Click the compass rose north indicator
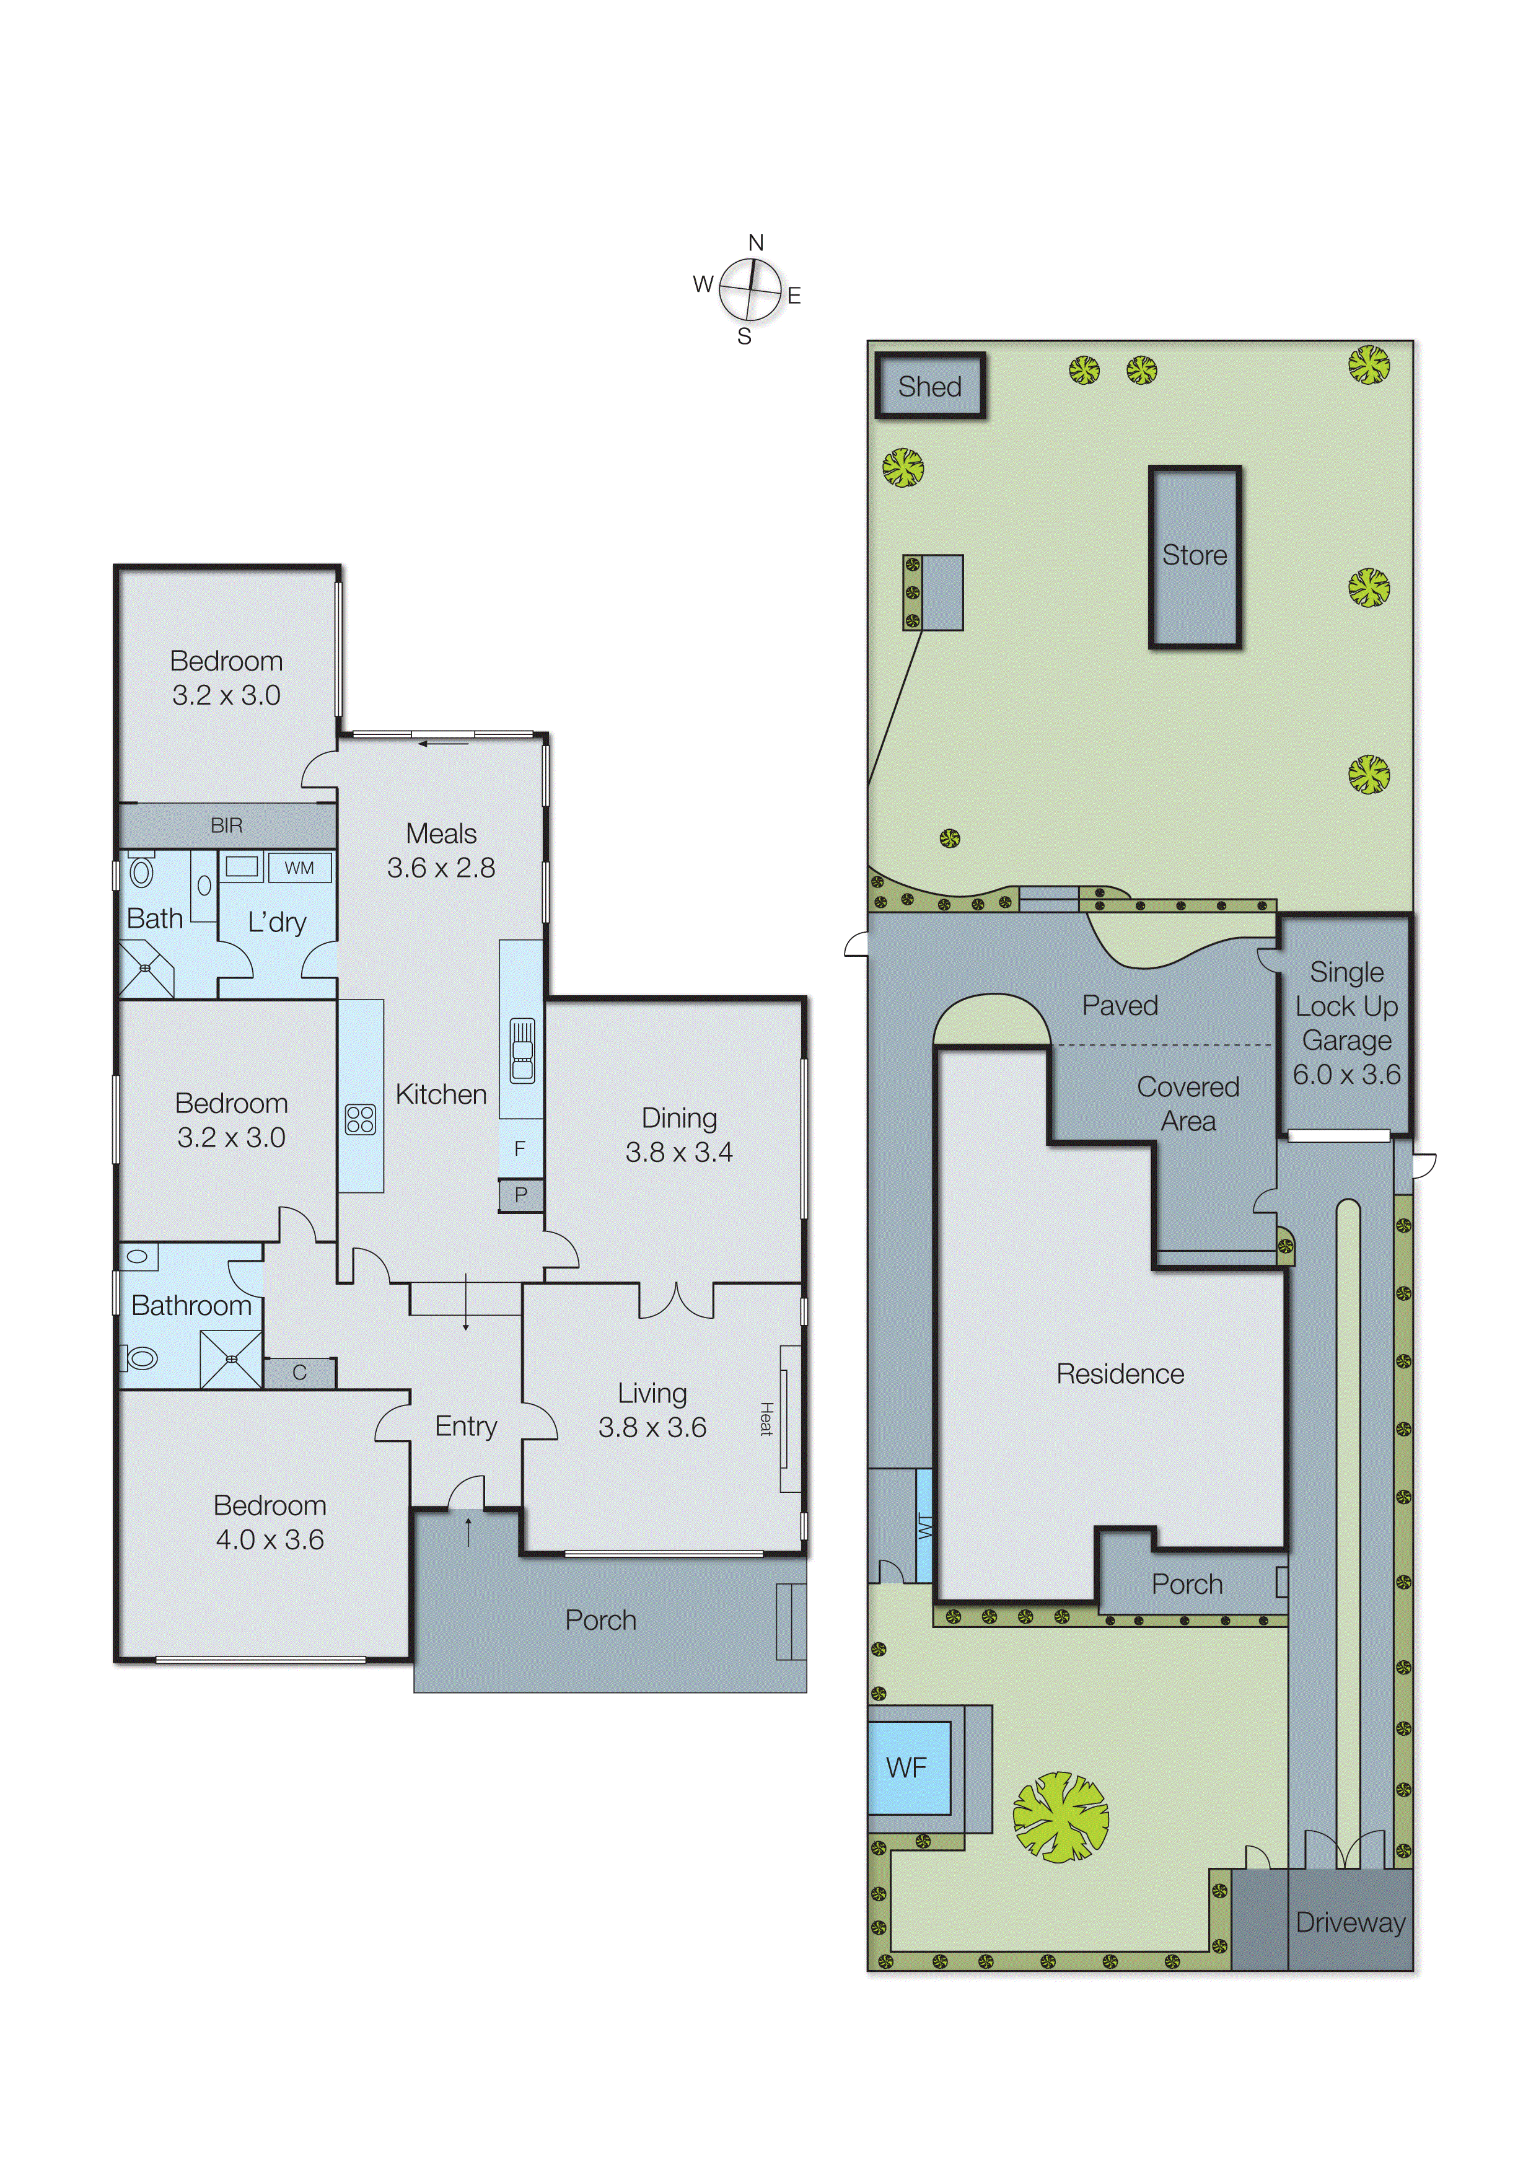(756, 243)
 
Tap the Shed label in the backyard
(930, 386)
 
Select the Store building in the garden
(1195, 557)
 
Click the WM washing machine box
(299, 868)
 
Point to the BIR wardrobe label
(226, 826)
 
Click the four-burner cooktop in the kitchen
(361, 1120)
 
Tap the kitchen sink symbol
(522, 1050)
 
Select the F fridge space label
(519, 1148)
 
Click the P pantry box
(520, 1195)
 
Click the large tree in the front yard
(1060, 1817)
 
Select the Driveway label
(1349, 1922)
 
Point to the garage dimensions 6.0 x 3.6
(1347, 1075)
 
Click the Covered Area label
(1188, 1104)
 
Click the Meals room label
(441, 834)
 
